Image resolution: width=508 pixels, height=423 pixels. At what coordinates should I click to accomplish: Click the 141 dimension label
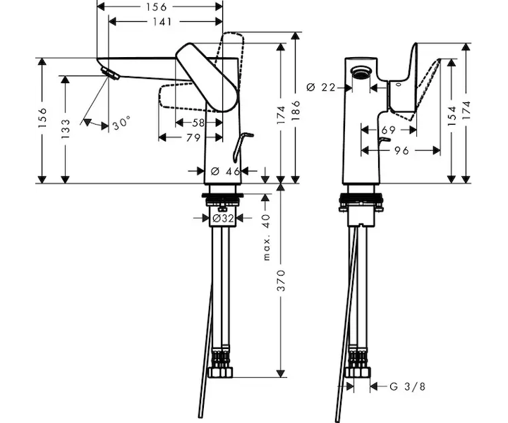(162, 22)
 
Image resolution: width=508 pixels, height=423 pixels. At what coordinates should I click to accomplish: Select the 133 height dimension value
(66, 129)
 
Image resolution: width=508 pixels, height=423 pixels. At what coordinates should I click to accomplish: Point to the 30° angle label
(122, 123)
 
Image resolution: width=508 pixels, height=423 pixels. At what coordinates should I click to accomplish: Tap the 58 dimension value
(198, 123)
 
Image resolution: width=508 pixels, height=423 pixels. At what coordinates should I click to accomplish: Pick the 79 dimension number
(193, 138)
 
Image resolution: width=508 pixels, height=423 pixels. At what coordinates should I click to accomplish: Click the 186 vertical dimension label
(296, 111)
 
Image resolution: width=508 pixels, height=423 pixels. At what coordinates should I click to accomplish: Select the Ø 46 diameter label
(226, 171)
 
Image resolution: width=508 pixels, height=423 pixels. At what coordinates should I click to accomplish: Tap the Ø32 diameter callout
(223, 219)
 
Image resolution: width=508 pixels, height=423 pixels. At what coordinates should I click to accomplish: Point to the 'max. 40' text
(266, 237)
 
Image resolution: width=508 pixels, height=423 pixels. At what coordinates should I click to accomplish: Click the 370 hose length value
(282, 281)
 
